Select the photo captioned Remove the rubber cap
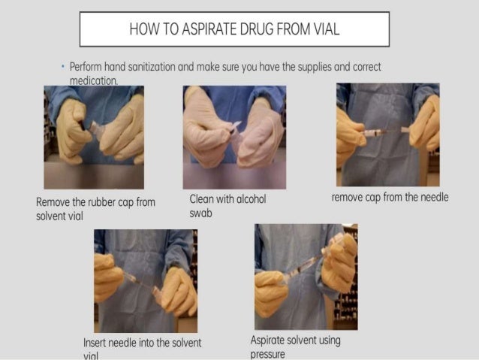point(94,136)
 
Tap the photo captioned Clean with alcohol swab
point(234,136)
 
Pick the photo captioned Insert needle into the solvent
point(145,280)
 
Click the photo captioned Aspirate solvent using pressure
point(306,276)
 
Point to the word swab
point(200,213)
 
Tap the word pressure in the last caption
point(267,353)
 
